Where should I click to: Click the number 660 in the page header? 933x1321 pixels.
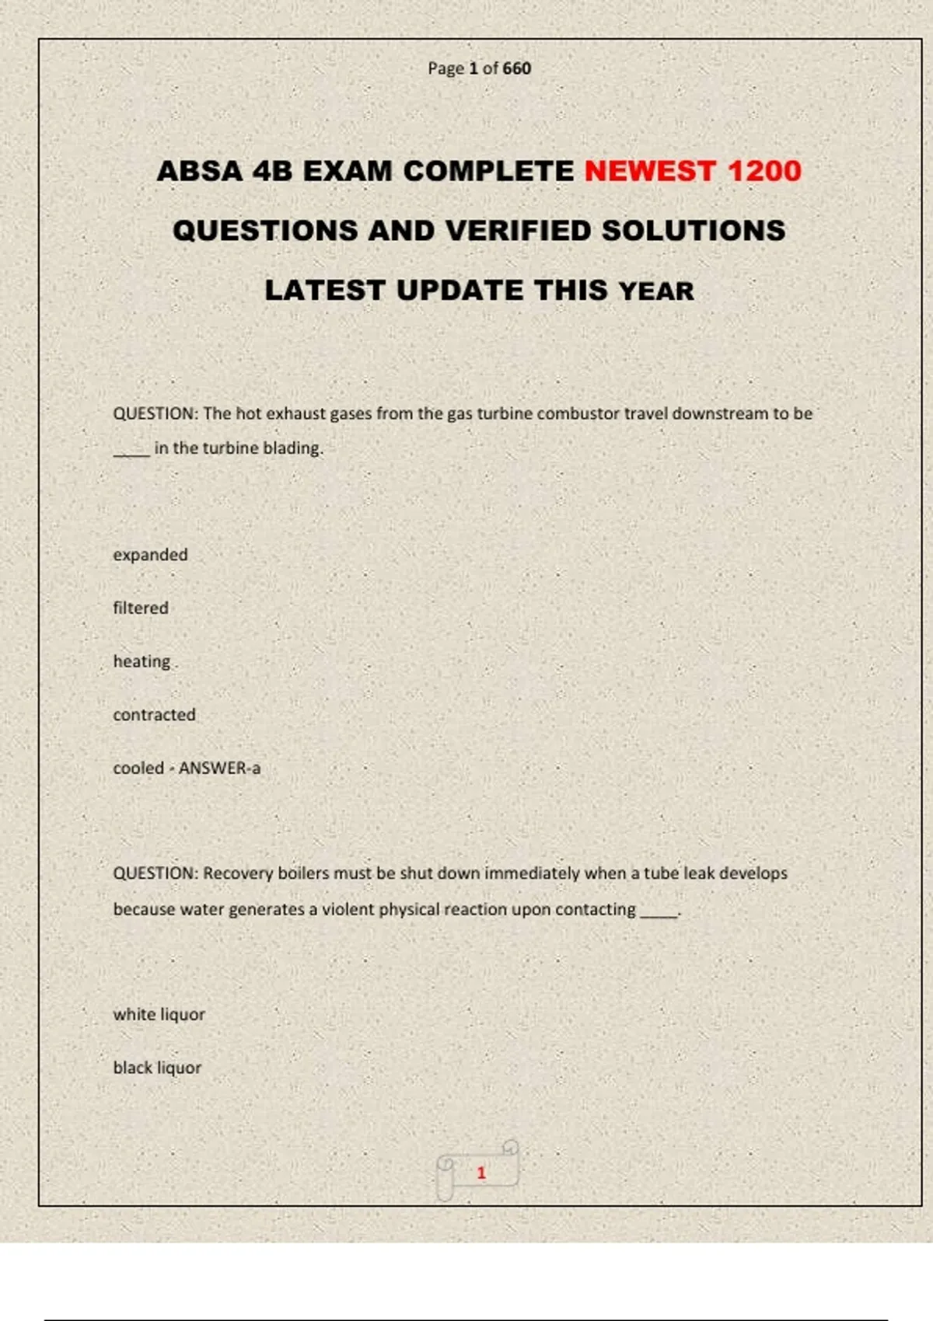517,68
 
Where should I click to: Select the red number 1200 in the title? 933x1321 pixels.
764,171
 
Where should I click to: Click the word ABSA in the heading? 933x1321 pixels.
201,171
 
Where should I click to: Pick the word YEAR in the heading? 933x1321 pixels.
656,291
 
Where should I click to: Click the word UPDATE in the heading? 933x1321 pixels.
460,291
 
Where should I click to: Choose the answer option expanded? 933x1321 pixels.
150,555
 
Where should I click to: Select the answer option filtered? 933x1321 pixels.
141,608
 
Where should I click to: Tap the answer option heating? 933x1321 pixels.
142,661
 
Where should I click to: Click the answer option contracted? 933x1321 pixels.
154,715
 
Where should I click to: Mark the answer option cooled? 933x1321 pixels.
138,769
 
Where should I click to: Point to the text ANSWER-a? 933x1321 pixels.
220,769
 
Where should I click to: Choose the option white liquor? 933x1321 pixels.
159,1014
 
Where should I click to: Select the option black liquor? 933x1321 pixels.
157,1068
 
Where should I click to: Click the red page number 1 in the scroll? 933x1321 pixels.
481,1173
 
